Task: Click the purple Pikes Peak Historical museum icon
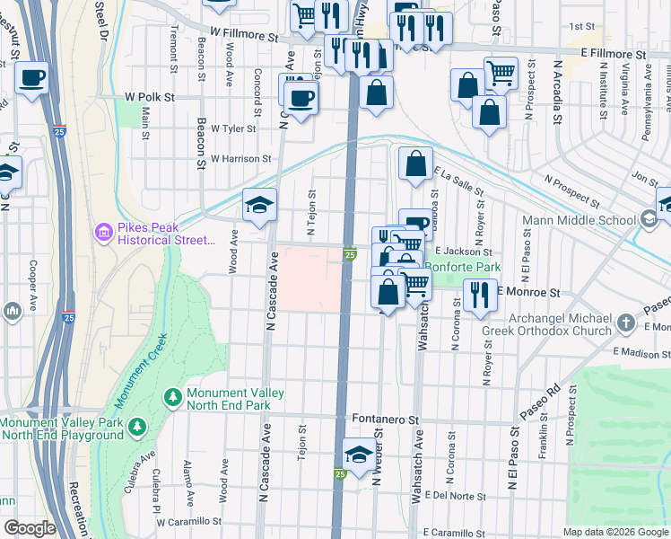(103, 234)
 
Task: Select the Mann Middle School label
(590, 217)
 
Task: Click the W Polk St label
(149, 96)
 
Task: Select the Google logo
(30, 528)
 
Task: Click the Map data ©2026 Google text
(615, 532)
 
